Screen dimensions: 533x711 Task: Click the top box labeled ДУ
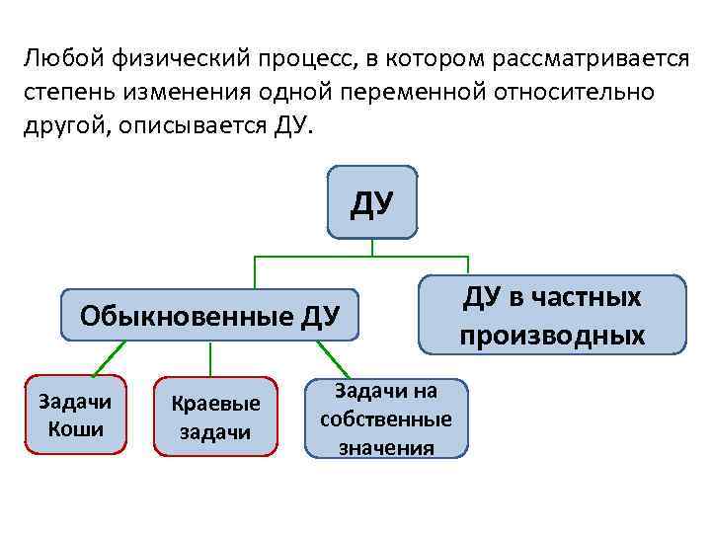tap(372, 202)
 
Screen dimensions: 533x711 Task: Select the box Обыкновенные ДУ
tap(209, 316)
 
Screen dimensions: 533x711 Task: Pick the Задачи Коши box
tap(75, 415)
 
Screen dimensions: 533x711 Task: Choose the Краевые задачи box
tap(215, 417)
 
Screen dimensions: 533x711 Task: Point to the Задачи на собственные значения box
tap(385, 419)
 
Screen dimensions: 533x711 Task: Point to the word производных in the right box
tap(551, 336)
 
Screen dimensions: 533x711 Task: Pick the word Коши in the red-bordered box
tap(75, 429)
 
